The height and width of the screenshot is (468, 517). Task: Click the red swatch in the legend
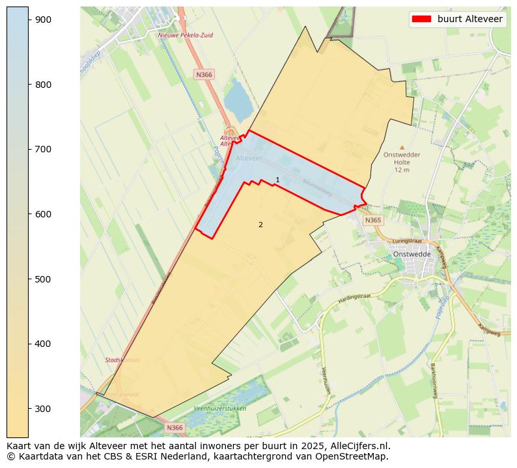point(421,20)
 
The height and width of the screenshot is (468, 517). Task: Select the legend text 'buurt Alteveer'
point(469,20)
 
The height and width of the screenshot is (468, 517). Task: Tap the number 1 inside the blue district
point(277,180)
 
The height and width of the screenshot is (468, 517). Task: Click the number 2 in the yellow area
point(260,225)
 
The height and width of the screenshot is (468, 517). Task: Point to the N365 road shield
point(372,220)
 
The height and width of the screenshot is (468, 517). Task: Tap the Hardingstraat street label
point(354,298)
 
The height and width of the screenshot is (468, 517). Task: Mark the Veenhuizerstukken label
point(220,408)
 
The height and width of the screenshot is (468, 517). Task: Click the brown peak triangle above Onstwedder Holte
point(402,148)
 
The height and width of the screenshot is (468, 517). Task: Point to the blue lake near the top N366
point(238,101)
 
